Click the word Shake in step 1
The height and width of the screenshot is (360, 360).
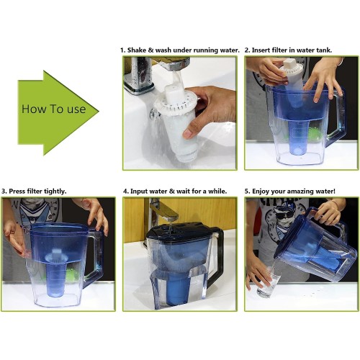[x=137, y=50]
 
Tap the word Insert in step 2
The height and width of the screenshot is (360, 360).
[x=261, y=50]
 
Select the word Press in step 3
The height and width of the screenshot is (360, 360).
[x=17, y=192]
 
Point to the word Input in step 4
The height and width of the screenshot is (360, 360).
[x=139, y=192]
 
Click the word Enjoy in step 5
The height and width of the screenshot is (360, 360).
[x=260, y=192]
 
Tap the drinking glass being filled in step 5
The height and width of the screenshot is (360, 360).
[x=269, y=282]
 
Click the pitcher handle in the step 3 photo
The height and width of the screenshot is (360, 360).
[x=95, y=254]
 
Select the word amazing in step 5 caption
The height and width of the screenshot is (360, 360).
[x=301, y=192]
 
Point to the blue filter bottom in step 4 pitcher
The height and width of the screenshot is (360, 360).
[x=178, y=291]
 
